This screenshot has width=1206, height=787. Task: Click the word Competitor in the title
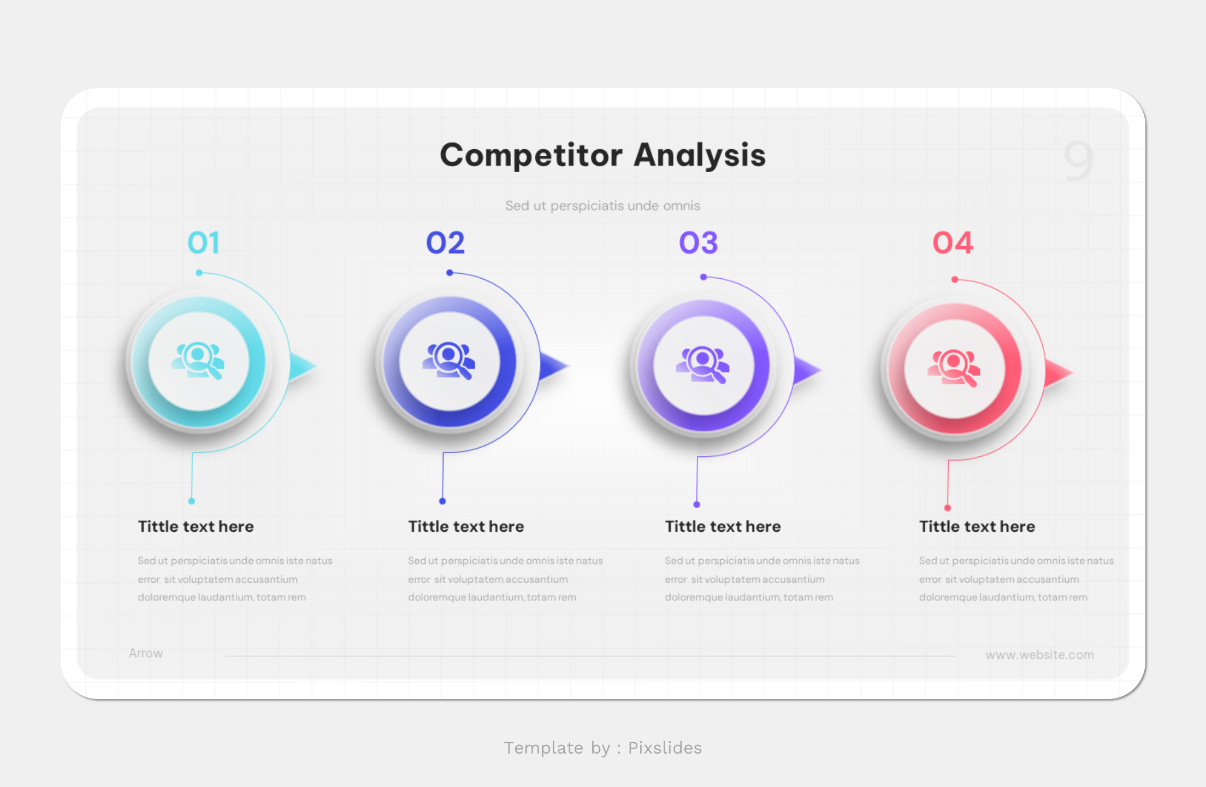(x=531, y=155)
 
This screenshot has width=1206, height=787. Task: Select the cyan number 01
(x=204, y=243)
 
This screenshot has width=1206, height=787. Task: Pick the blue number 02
(x=445, y=243)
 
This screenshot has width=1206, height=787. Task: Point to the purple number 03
(x=698, y=243)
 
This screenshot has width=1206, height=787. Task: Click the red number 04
(x=953, y=243)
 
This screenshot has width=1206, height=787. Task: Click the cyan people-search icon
(x=198, y=360)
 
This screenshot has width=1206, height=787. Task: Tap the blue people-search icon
(x=449, y=360)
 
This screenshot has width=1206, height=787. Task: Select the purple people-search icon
(x=703, y=365)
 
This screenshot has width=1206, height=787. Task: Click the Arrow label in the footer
(x=146, y=653)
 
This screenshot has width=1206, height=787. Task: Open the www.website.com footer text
(x=1039, y=655)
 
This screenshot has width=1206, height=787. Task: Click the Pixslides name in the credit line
(x=664, y=748)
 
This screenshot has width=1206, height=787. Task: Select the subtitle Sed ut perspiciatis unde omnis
(x=602, y=206)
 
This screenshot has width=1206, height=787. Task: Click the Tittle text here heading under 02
(x=466, y=526)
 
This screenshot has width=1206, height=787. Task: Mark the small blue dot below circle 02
(x=442, y=501)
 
